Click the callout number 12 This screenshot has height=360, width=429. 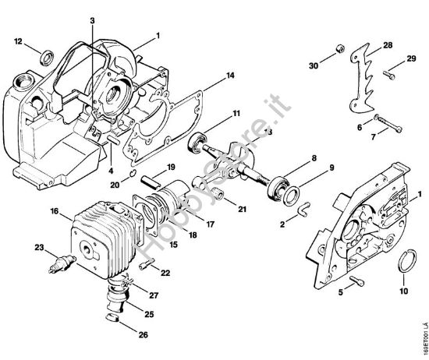(x=18, y=41)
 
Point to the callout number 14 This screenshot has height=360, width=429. (x=231, y=76)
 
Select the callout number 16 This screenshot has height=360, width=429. (x=55, y=210)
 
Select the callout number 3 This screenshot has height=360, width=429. (x=92, y=20)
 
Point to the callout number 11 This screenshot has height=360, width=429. (x=235, y=115)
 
